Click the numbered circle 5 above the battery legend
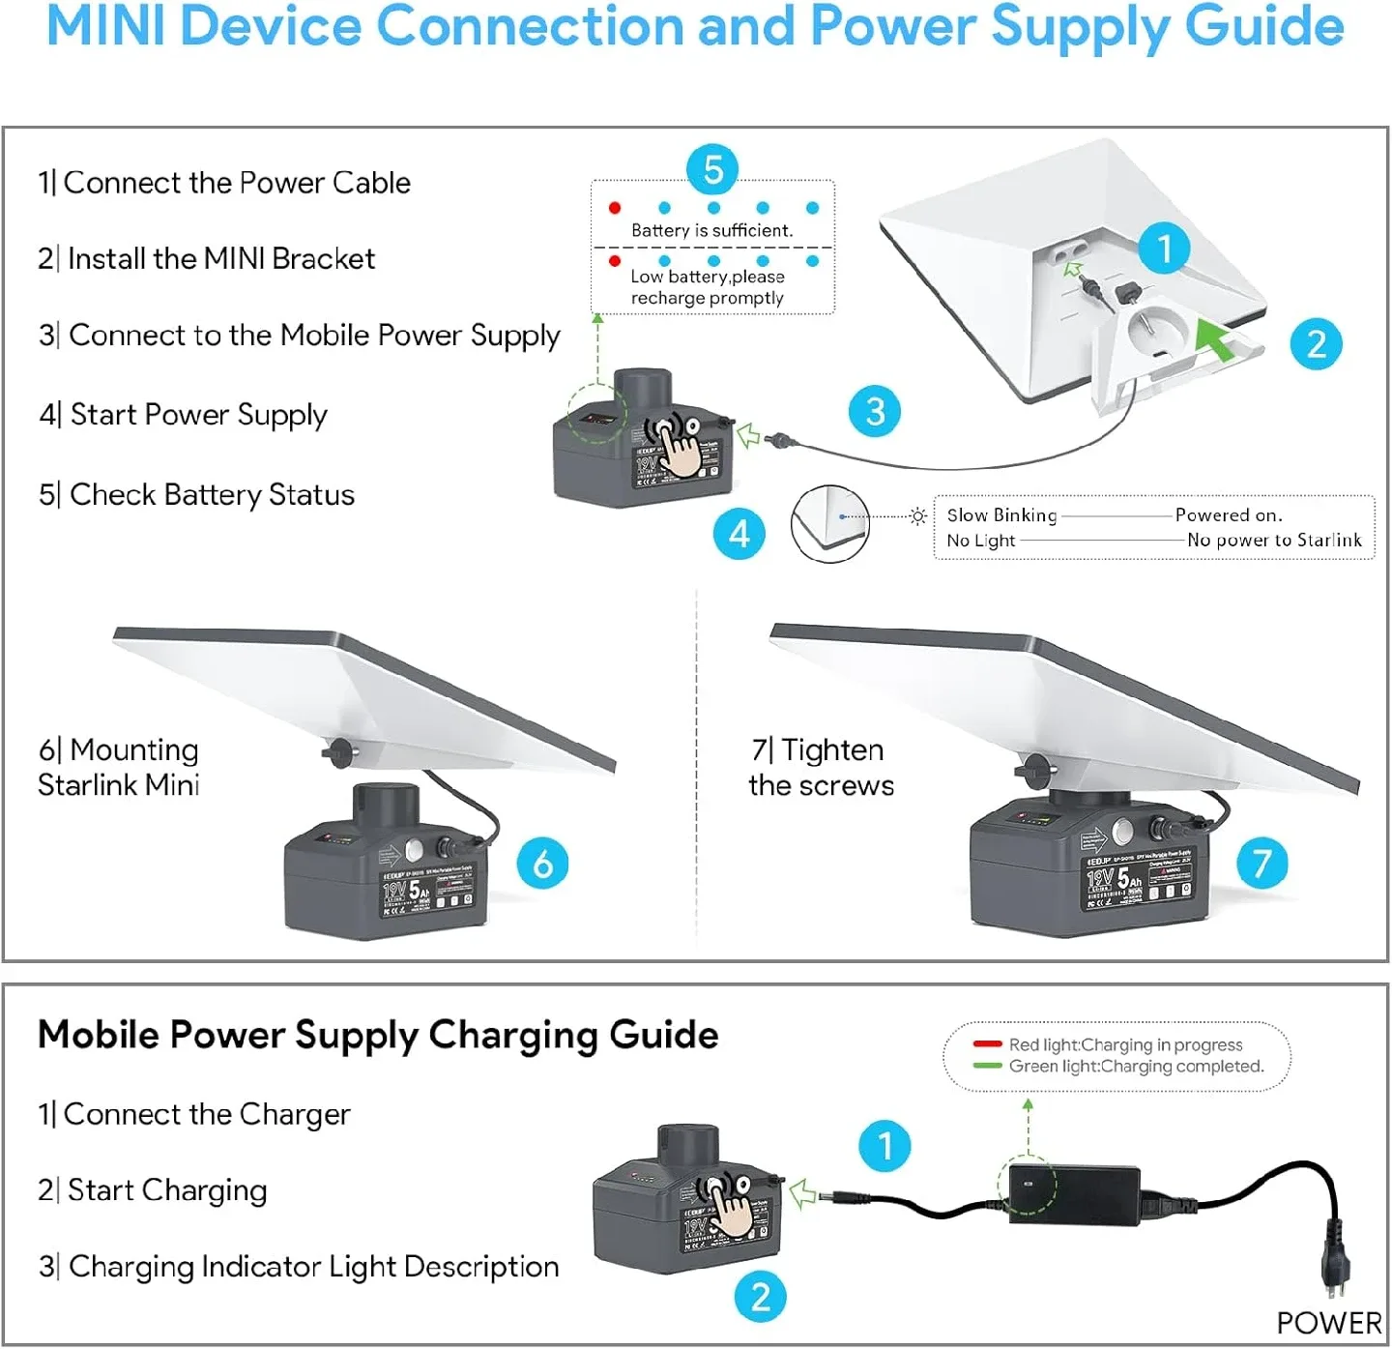click(712, 169)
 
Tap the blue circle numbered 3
click(875, 411)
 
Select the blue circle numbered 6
click(542, 864)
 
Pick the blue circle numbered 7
click(1261, 863)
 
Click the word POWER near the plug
click(1328, 1323)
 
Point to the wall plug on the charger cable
click(1336, 1257)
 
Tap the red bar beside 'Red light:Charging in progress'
click(987, 1044)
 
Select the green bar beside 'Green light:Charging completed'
click(987, 1066)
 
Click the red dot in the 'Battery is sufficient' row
click(615, 208)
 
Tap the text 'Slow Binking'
click(1001, 515)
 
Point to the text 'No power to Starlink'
click(1273, 541)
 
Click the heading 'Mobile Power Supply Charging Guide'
click(378, 1035)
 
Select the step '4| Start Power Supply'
click(184, 415)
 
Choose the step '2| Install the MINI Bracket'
click(207, 259)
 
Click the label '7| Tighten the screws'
click(821, 768)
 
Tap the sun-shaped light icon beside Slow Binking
click(917, 516)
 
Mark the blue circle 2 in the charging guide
click(761, 1297)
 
